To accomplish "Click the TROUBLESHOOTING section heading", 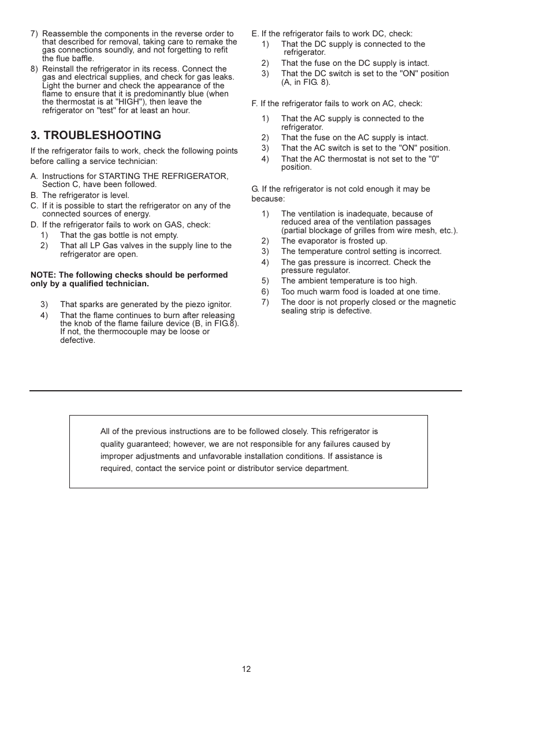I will pos(96,135).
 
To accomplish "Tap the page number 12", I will pos(247,669).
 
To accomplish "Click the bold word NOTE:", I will pos(43,275).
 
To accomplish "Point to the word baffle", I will pos(81,58).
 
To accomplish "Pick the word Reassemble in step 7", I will pos(65,33).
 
